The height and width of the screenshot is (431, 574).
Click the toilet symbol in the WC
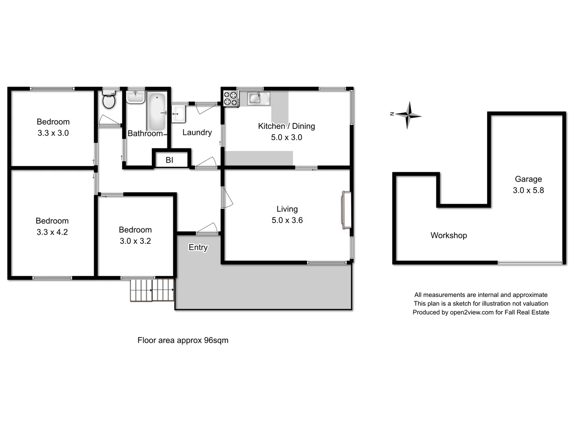108,100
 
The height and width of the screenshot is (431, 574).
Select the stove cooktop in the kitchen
230,99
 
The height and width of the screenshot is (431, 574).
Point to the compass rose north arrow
407,115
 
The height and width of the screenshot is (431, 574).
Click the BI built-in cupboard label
169,160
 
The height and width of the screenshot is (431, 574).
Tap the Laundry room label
197,132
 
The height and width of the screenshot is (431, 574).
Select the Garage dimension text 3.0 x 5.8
528,190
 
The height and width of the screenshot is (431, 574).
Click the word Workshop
448,235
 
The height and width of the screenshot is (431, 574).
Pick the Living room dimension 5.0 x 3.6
287,220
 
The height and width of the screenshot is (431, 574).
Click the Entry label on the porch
198,247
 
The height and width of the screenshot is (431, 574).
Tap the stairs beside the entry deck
152,290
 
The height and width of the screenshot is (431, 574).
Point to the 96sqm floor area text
216,340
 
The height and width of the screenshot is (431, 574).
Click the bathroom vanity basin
136,97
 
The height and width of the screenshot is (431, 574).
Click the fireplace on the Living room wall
346,210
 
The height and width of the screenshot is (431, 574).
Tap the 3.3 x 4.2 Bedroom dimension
52,232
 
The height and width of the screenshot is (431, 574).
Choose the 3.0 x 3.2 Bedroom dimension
135,241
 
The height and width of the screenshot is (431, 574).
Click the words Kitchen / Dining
286,126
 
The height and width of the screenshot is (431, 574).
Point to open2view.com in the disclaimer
472,312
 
